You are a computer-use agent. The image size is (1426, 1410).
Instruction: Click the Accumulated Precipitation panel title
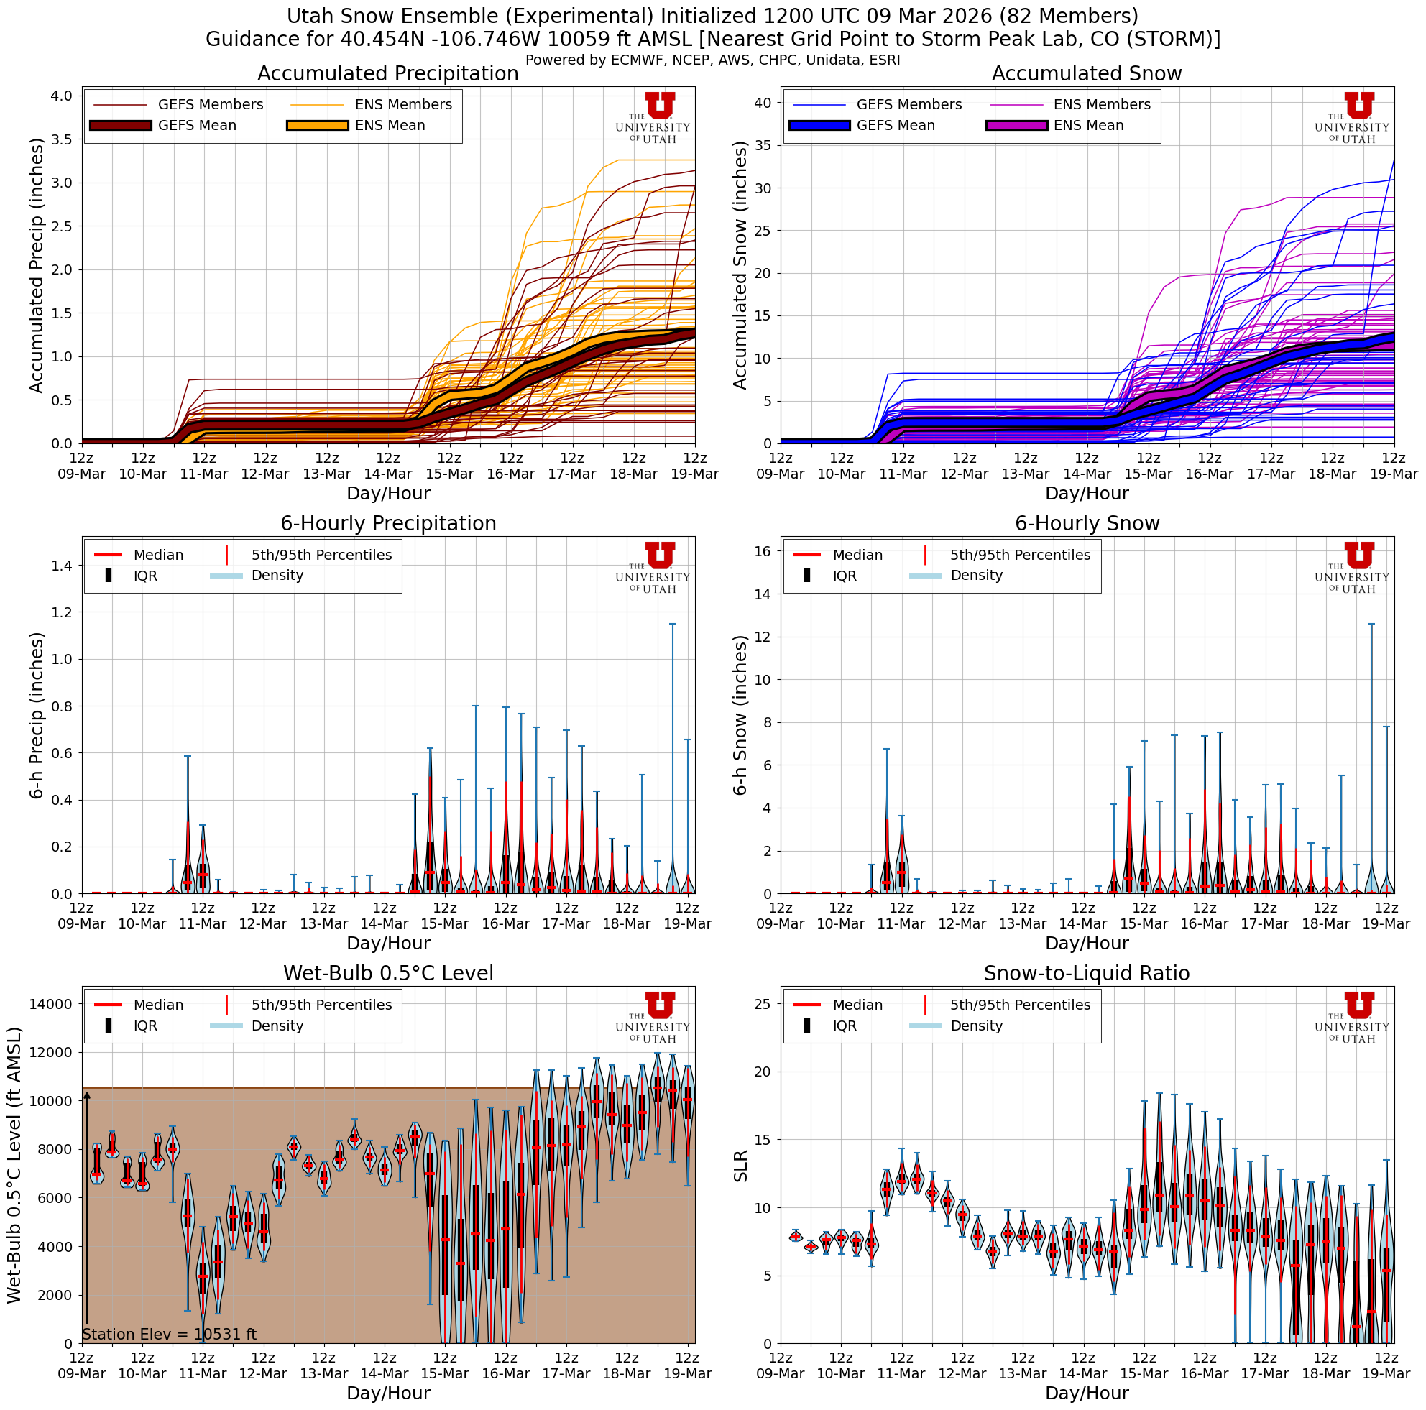(x=387, y=74)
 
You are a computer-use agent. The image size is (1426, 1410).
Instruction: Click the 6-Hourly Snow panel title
(x=1087, y=524)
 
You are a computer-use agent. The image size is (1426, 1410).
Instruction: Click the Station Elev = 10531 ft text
(x=169, y=1335)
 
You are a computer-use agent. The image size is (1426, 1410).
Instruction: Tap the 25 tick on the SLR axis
(x=763, y=1004)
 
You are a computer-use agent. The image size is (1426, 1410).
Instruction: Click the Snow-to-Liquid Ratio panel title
(x=1087, y=974)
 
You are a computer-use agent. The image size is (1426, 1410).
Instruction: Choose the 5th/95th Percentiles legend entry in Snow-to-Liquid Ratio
(x=1019, y=1005)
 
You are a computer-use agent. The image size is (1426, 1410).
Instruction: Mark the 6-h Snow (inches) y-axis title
(x=740, y=715)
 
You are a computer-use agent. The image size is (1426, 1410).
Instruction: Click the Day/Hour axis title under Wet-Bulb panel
(x=387, y=1393)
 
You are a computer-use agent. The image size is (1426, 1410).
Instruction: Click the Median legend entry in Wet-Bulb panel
(x=158, y=1005)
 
